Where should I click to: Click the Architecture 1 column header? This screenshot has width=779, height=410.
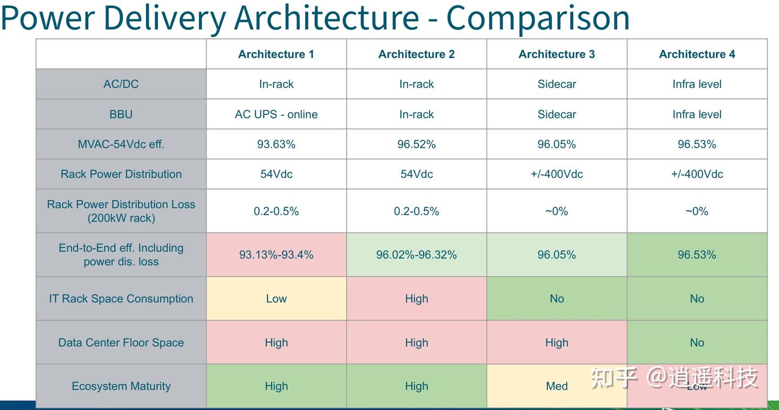click(x=276, y=54)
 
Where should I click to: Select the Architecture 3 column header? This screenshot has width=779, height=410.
click(x=557, y=54)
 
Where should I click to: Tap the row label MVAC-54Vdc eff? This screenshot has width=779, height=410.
click(x=121, y=144)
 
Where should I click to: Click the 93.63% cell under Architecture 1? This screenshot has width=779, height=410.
click(x=276, y=144)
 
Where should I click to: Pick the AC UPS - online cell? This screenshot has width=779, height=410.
click(x=276, y=114)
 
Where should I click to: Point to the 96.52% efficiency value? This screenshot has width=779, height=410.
click(x=417, y=144)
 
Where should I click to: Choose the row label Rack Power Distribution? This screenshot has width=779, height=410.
click(x=121, y=174)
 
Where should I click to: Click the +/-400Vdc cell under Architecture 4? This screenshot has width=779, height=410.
click(x=697, y=174)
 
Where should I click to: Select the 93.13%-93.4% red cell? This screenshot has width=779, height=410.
click(x=276, y=255)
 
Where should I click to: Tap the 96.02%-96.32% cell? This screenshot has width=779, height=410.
click(x=417, y=255)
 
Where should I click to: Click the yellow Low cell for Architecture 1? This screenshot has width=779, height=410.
click(x=276, y=299)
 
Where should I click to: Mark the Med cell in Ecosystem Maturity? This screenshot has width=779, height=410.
click(x=557, y=386)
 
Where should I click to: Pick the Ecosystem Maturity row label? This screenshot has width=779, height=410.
click(x=121, y=386)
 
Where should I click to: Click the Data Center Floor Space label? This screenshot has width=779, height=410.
click(x=121, y=342)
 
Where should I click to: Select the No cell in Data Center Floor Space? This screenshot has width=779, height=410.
click(x=697, y=342)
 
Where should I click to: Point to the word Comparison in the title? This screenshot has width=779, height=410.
click(x=538, y=17)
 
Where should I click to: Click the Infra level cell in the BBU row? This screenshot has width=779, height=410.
click(x=697, y=114)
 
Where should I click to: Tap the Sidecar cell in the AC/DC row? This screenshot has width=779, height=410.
click(x=557, y=84)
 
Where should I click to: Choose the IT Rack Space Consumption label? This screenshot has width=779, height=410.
click(x=121, y=299)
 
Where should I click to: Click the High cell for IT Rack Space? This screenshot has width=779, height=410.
click(x=417, y=299)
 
